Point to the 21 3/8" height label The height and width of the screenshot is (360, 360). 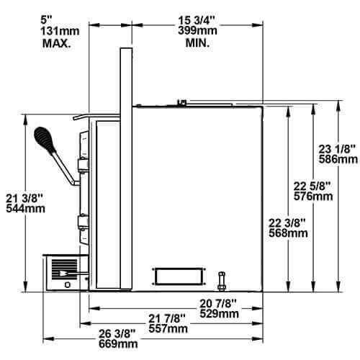(x=28, y=197)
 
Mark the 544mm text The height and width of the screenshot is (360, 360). (x=28, y=209)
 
